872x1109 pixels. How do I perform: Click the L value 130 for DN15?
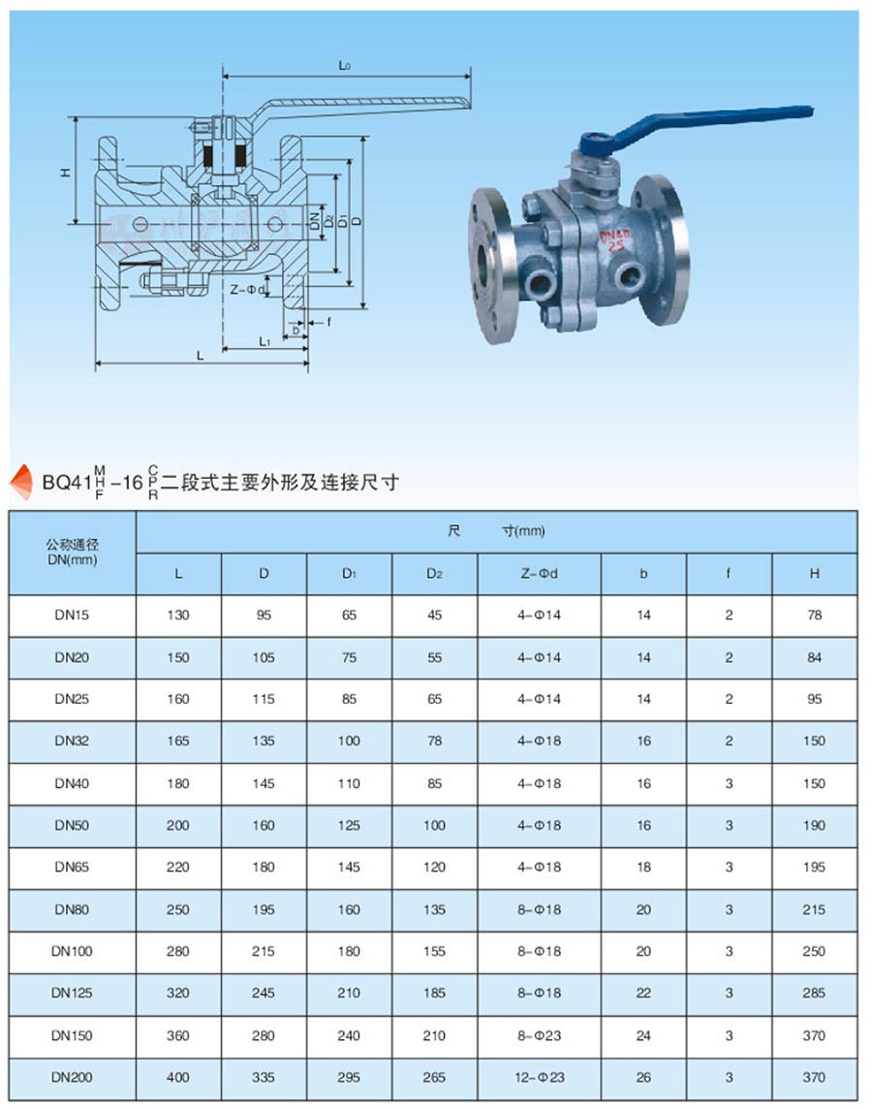pyautogui.click(x=178, y=616)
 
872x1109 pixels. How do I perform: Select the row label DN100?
pyautogui.click(x=73, y=951)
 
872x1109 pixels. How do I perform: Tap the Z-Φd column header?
pyautogui.click(x=539, y=574)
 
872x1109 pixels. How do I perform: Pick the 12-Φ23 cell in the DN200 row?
pyautogui.click(x=539, y=1077)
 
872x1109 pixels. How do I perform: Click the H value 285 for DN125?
pyautogui.click(x=814, y=993)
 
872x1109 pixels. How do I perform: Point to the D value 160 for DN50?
pyautogui.click(x=264, y=825)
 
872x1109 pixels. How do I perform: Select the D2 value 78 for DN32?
pyautogui.click(x=434, y=741)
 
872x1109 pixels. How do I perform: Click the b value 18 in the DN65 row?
pyautogui.click(x=643, y=867)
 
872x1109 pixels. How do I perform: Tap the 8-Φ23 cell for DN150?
pyautogui.click(x=539, y=1035)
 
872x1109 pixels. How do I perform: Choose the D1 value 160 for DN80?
pyautogui.click(x=349, y=909)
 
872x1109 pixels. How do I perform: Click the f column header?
pyautogui.click(x=729, y=574)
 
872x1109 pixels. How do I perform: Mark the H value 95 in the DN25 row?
pyautogui.click(x=814, y=699)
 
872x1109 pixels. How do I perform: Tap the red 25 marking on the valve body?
pyautogui.click(x=615, y=246)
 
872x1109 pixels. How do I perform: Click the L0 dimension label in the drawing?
pyautogui.click(x=345, y=66)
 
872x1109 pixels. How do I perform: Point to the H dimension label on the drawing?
pyautogui.click(x=65, y=172)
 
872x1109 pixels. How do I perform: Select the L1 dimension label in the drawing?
pyautogui.click(x=264, y=341)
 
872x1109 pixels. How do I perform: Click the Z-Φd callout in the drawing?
pyautogui.click(x=247, y=288)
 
